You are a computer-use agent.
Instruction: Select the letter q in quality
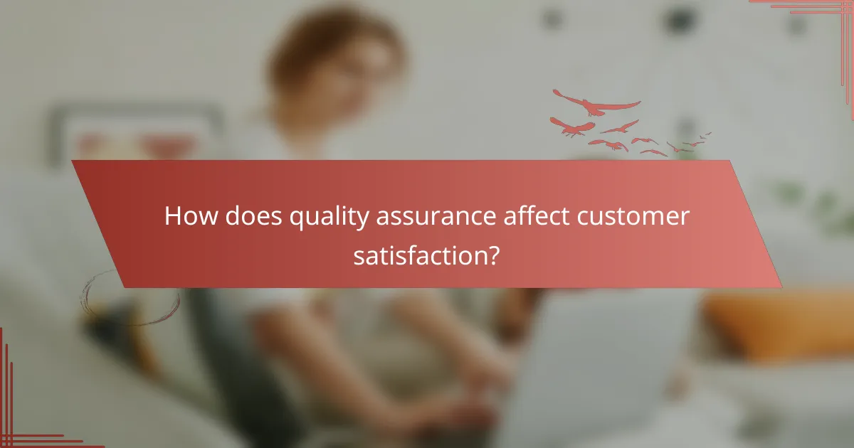tap(295, 219)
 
